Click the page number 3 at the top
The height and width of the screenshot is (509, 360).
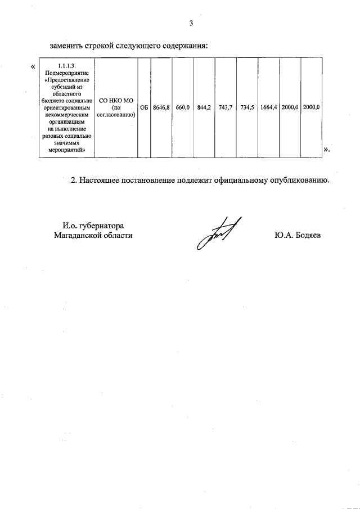[x=191, y=23]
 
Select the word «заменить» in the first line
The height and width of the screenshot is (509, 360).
[x=67, y=45]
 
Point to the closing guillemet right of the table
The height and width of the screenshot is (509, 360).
[x=327, y=150]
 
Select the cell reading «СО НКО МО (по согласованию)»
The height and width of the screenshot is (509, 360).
[x=116, y=107]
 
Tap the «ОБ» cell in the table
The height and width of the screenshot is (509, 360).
[x=143, y=107]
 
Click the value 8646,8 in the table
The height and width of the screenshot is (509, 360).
[x=161, y=107]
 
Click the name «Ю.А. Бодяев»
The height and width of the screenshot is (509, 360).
[x=298, y=236]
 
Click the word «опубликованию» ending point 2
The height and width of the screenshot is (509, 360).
[x=295, y=181]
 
